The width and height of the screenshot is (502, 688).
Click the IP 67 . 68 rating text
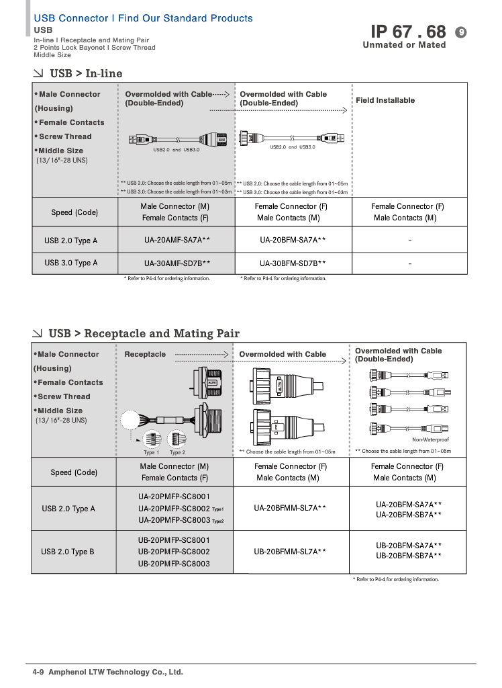tap(407, 32)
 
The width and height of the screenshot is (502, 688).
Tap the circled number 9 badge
tap(460, 32)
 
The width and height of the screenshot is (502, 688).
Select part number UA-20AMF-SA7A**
tap(177, 240)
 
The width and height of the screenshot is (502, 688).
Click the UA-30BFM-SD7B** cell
tap(293, 263)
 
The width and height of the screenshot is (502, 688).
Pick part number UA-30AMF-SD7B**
tap(177, 263)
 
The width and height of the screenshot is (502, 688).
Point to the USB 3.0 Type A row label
tap(71, 263)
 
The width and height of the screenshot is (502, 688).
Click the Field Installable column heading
tap(385, 100)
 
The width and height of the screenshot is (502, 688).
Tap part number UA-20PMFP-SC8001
tap(174, 497)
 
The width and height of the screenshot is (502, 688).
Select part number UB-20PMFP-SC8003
tap(174, 564)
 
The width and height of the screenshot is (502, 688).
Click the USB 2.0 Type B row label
tap(68, 552)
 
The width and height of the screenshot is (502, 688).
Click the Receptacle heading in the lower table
tap(145, 354)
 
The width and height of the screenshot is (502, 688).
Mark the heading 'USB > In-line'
tap(86, 73)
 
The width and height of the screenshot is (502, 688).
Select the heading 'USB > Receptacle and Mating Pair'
tap(144, 333)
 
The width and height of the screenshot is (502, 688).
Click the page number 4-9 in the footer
tap(38, 672)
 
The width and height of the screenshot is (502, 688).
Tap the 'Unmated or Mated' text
tap(404, 45)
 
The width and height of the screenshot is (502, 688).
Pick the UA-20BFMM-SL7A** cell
tap(290, 509)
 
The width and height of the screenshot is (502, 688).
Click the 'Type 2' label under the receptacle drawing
tap(177, 452)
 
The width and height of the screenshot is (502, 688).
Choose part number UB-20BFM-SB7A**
tap(409, 556)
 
